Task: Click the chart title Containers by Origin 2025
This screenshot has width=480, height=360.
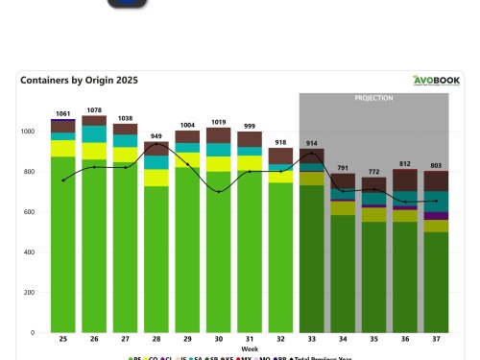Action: tap(79, 82)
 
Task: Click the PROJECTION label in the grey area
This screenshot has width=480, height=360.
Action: tap(374, 98)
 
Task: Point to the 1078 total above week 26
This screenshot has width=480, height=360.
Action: tap(94, 110)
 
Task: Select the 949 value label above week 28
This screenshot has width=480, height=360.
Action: tap(156, 136)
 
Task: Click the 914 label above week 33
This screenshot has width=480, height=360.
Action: tap(312, 143)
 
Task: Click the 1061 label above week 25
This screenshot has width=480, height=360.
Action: tap(63, 113)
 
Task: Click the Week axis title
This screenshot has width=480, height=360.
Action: tap(250, 349)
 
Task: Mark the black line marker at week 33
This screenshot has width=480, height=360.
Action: tap(312, 154)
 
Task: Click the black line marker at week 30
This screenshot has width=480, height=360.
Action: tap(219, 192)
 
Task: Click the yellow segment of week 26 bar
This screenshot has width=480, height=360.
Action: tap(94, 151)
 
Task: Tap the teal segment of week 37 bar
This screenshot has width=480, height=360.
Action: tap(437, 202)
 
